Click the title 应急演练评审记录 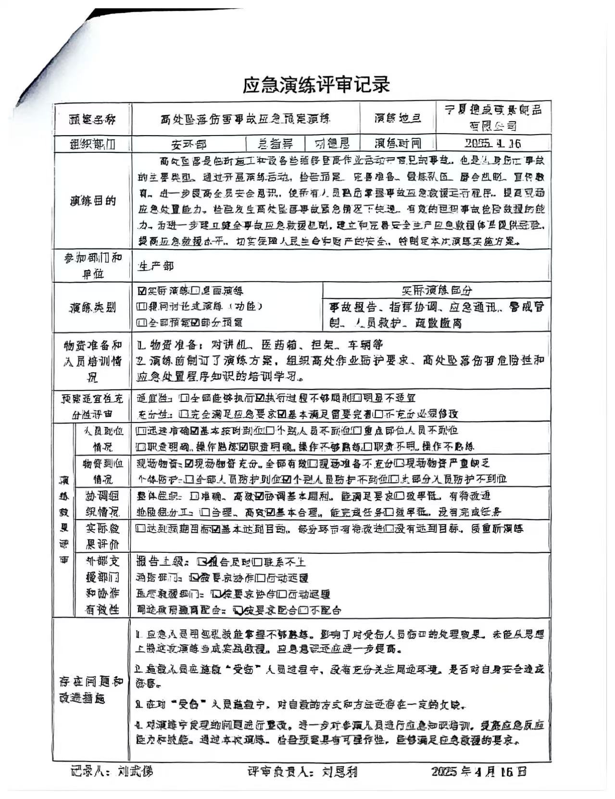[315, 85]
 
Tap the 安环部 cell [189, 143]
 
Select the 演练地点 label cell [398, 118]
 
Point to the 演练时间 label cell [398, 143]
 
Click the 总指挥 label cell [276, 143]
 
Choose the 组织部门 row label [92, 144]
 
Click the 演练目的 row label [92, 200]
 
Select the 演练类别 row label [92, 307]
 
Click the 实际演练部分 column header [437, 290]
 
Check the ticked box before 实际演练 [141, 291]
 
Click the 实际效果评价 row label [102, 536]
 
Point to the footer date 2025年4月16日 [478, 772]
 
